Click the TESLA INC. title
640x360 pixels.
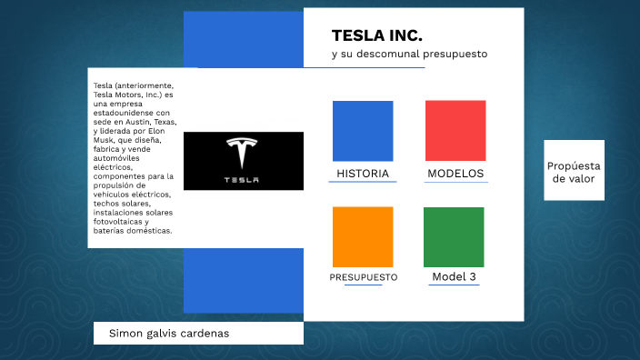[x=376, y=35]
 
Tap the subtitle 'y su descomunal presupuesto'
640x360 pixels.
[x=409, y=55]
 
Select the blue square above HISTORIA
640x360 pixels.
[x=363, y=131]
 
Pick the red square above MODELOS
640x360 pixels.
[x=455, y=131]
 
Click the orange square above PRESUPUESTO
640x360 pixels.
[x=363, y=236]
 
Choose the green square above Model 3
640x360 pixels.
[x=454, y=236]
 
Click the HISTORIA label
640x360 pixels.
[x=363, y=174]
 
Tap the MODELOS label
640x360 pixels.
[x=455, y=174]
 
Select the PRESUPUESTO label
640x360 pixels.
[x=363, y=277]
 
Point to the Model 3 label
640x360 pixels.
[x=454, y=277]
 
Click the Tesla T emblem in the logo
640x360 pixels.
[x=242, y=154]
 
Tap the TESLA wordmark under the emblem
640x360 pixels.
[x=242, y=179]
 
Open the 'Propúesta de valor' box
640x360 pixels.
[x=574, y=172]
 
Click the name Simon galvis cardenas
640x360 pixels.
[x=169, y=334]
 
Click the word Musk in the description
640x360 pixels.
[x=105, y=140]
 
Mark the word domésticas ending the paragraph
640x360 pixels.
[x=150, y=231]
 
